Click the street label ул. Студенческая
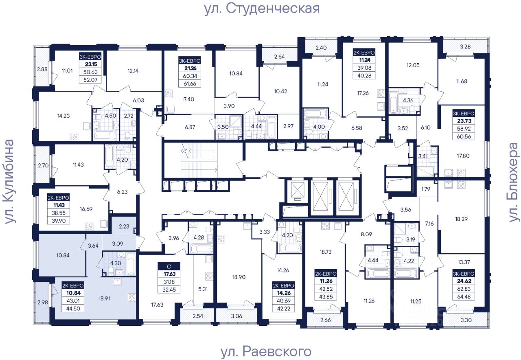click(262, 8)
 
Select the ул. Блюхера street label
click(514, 182)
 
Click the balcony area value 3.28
click(465, 46)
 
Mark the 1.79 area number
click(426, 189)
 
